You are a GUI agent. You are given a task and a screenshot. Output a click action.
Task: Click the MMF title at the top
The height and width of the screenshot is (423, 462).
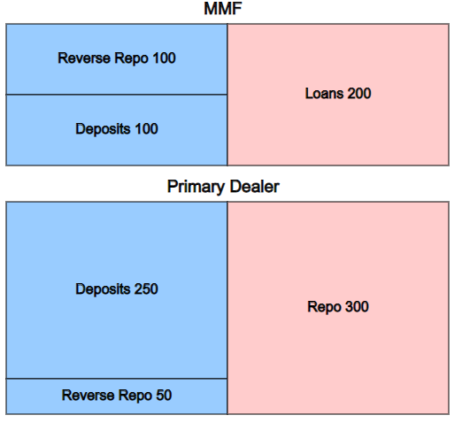[223, 9]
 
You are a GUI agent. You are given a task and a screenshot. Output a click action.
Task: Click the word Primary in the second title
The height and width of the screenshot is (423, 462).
[196, 187]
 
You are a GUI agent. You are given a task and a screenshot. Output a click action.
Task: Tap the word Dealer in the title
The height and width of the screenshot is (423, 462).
[255, 187]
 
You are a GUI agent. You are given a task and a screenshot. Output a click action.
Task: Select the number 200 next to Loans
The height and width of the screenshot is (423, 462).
[359, 94]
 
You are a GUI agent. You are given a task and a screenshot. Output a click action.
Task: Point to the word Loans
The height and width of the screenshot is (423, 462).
[324, 94]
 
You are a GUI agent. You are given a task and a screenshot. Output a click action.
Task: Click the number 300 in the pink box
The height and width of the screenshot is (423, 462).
[357, 307]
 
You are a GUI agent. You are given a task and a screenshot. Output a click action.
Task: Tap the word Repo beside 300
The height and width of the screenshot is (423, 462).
[324, 307]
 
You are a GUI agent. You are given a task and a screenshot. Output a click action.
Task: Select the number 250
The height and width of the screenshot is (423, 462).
[146, 289]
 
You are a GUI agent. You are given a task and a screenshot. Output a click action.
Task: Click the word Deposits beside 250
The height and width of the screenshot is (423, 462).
[103, 289]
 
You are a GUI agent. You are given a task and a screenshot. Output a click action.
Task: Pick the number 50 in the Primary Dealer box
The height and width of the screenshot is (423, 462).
[164, 396]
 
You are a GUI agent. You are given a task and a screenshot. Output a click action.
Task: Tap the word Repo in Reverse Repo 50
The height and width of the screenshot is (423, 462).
[135, 396]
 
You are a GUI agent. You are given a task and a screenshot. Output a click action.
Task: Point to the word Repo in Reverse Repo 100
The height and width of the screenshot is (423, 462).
[131, 58]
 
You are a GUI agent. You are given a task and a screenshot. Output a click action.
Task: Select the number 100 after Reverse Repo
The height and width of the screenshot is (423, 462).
[164, 58]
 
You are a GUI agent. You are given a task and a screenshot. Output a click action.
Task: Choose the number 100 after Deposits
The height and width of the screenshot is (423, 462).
[146, 129]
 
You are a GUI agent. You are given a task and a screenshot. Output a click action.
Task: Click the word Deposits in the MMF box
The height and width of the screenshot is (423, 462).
[103, 129]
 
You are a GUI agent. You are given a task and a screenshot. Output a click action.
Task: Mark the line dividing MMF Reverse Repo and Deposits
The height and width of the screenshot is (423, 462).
[117, 95]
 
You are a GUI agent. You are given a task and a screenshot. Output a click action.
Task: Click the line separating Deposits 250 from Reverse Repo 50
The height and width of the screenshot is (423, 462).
[117, 379]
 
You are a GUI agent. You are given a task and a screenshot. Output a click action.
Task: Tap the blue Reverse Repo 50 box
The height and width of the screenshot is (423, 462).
[117, 396]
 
